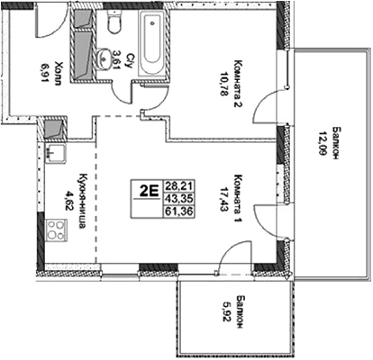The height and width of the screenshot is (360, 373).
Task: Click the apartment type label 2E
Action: coord(148,190)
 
